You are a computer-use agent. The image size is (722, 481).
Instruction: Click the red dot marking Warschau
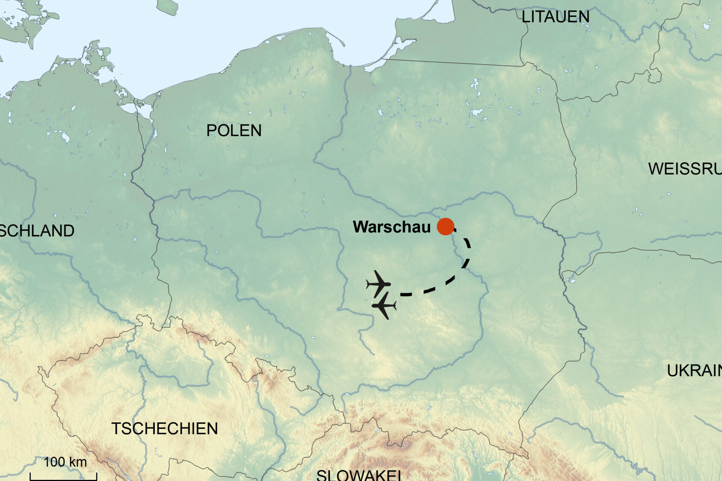[x=445, y=227]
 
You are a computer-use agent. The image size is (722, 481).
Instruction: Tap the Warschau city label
[x=391, y=227]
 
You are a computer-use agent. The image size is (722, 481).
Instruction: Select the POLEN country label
[x=234, y=130]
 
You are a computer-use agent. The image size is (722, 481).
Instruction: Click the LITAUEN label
[x=555, y=17]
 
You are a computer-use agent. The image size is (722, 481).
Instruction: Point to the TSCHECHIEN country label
[x=165, y=428]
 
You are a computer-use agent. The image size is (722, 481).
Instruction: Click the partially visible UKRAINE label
[x=694, y=371]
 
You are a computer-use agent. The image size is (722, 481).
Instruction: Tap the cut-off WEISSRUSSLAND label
[x=685, y=169]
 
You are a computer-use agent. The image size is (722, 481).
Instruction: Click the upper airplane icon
[x=379, y=284]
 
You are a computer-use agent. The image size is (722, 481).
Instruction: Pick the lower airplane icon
[x=384, y=306]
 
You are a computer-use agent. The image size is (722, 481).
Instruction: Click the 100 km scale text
[x=65, y=462]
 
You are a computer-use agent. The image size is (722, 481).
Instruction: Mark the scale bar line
[x=63, y=479]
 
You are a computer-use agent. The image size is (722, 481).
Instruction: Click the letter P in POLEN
[x=211, y=130]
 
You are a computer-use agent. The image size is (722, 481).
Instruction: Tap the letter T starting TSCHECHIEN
[x=116, y=428]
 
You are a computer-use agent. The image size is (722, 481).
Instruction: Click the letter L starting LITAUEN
[x=525, y=17]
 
